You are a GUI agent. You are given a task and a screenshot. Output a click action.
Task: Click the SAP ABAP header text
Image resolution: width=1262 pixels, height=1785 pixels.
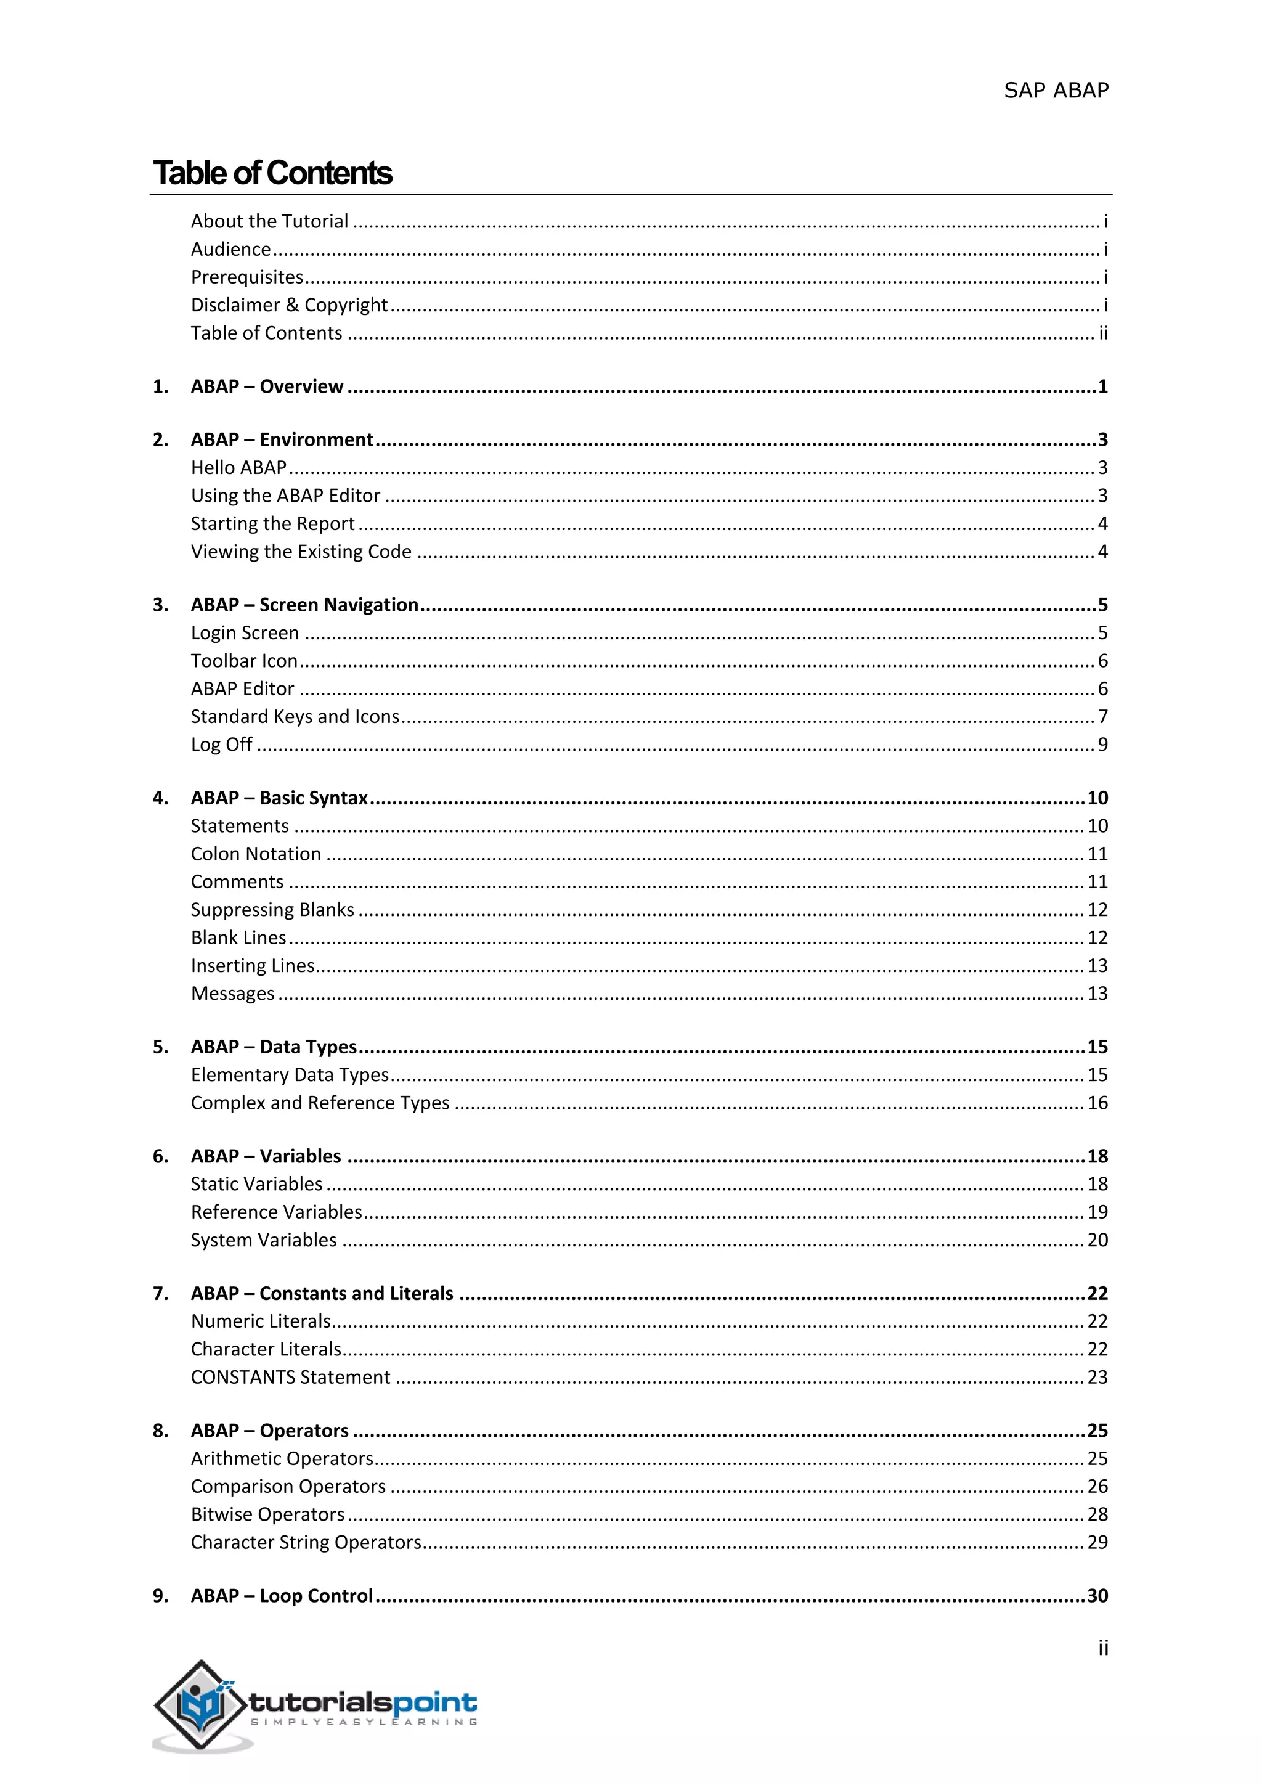pos(1056,91)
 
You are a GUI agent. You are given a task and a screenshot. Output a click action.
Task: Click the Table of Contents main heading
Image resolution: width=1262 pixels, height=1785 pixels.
pos(273,173)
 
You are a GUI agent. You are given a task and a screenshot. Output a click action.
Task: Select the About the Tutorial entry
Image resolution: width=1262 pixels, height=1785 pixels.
pos(270,221)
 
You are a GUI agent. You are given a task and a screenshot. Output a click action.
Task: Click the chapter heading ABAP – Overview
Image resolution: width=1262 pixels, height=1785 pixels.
pos(267,386)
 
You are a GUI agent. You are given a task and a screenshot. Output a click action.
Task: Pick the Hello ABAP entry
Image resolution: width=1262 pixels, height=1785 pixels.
pos(238,467)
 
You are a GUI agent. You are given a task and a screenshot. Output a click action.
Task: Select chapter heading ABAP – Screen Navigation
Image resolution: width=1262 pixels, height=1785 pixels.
pos(304,605)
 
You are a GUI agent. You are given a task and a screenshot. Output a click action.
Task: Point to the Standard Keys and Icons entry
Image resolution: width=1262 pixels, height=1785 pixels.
pos(295,716)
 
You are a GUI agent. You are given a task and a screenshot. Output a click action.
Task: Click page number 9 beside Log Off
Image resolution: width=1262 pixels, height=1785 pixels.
pos(1102,745)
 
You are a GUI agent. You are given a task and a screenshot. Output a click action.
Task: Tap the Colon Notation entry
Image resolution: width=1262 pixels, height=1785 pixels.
pos(256,854)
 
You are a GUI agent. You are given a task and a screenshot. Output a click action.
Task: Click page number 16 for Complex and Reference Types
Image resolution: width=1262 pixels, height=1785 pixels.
pos(1096,1103)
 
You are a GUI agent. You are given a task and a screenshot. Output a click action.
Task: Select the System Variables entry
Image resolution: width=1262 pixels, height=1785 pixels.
pos(264,1240)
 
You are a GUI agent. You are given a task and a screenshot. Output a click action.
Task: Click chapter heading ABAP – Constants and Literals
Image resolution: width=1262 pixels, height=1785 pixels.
pos(322,1294)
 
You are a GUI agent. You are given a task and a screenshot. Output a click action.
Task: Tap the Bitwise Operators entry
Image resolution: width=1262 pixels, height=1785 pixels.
pos(267,1514)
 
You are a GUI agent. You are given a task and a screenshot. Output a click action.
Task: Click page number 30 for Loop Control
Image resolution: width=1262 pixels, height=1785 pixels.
pos(1096,1595)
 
